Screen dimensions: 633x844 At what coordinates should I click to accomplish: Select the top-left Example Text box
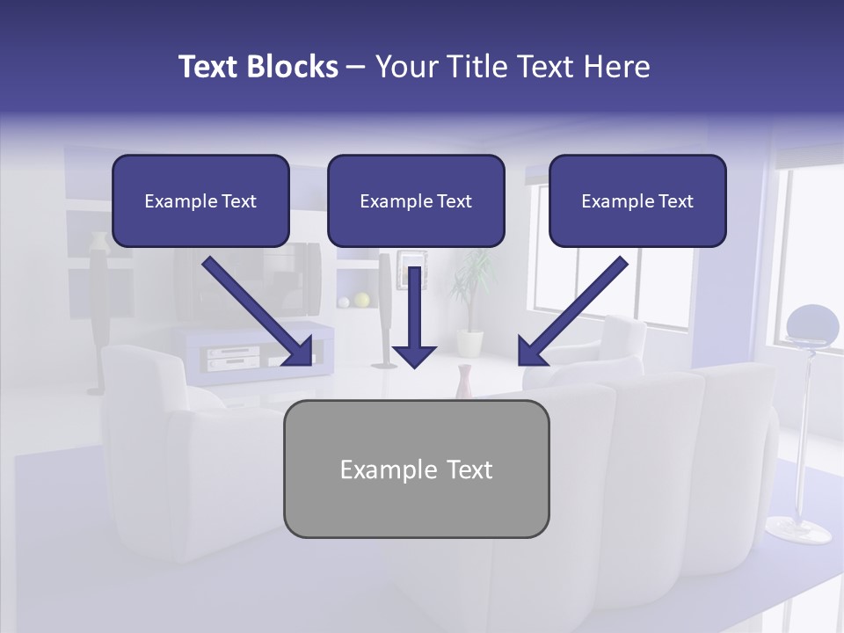point(200,200)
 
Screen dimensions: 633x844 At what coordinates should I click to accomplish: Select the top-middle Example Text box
point(416,200)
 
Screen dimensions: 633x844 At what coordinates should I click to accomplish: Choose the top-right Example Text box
point(637,200)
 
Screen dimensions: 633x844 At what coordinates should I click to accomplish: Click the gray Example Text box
point(416,469)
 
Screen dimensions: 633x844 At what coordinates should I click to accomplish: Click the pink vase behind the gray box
point(465,382)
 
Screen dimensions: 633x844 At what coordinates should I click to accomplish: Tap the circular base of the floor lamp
point(797,528)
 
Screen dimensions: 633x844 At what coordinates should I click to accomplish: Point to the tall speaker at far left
point(97,316)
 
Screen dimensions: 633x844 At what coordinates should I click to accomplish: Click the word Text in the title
point(209,67)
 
